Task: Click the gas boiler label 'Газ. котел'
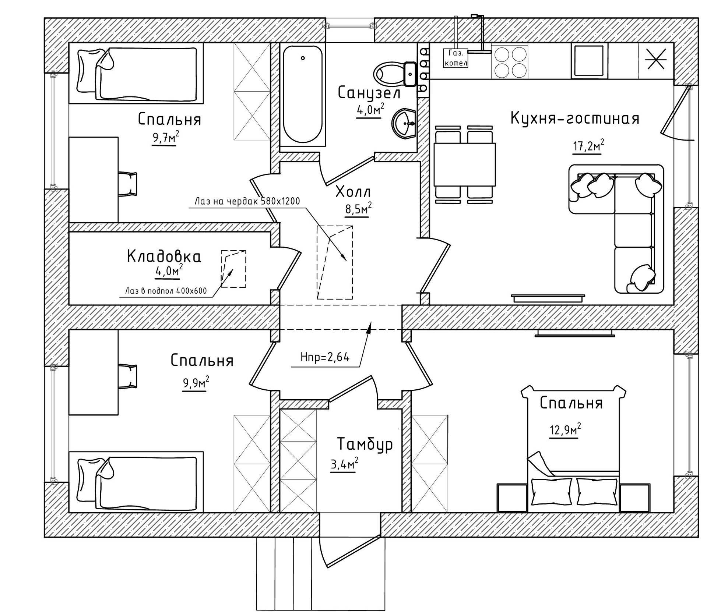pos(455,58)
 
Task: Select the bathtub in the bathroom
pos(303,94)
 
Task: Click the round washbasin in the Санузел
pos(404,124)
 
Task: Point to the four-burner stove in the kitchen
pos(510,62)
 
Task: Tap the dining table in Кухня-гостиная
pos(464,164)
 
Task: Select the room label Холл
pos(353,192)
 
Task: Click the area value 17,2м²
pos(588,146)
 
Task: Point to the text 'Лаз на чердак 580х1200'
pos(247,201)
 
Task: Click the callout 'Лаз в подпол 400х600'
pos(166,291)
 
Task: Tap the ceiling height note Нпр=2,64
pos(325,357)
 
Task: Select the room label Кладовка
pos(164,256)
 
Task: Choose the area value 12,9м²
pos(565,429)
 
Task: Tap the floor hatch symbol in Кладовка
pos(233,269)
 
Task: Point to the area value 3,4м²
pos(344,464)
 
